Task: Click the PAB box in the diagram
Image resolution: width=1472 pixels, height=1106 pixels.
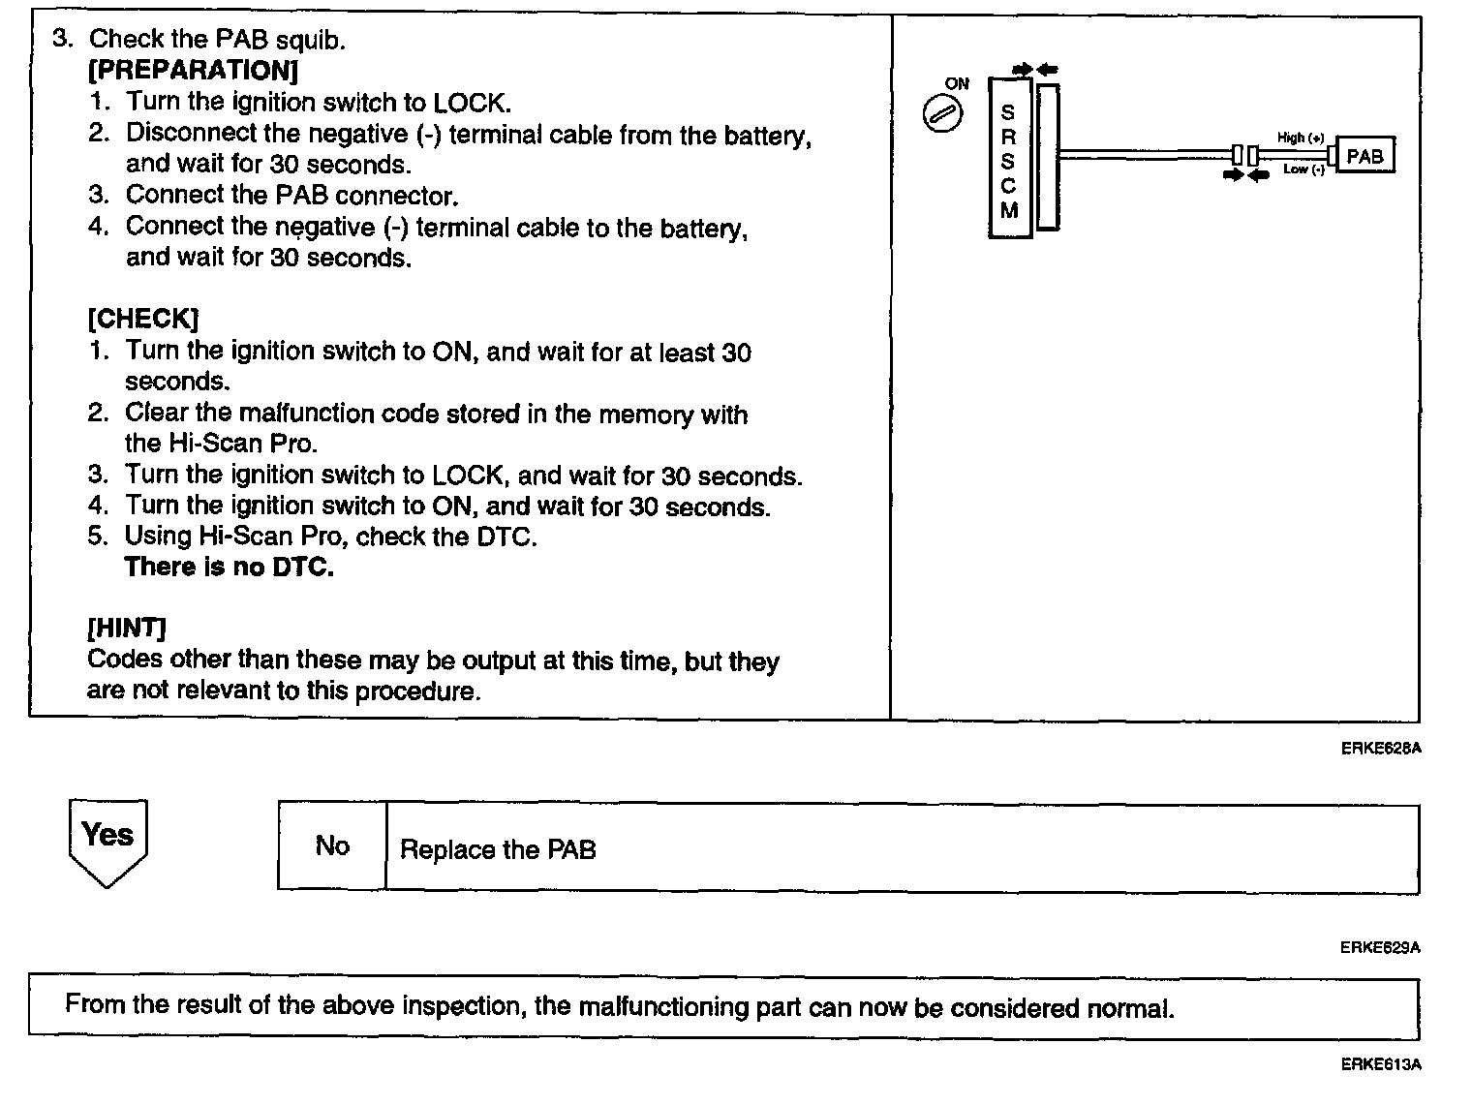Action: pyautogui.click(x=1365, y=155)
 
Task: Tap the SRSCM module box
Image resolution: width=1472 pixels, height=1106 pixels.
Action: pyautogui.click(x=1008, y=159)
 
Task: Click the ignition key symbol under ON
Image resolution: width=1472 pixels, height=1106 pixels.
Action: pyautogui.click(x=941, y=115)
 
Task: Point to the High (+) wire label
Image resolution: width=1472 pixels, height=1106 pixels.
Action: pyautogui.click(x=1300, y=138)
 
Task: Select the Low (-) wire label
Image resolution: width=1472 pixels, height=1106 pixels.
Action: pyautogui.click(x=1303, y=169)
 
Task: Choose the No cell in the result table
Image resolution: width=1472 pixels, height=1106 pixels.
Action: pyautogui.click(x=332, y=846)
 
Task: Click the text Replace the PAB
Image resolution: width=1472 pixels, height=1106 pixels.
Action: pyautogui.click(x=498, y=850)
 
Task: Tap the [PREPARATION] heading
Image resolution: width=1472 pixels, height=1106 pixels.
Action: pyautogui.click(x=193, y=71)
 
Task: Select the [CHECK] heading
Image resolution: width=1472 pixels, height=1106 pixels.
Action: pyautogui.click(x=143, y=319)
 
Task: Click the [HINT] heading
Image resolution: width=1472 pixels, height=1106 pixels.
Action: pyautogui.click(x=127, y=629)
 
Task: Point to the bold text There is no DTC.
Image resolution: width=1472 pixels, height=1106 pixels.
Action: pyautogui.click(x=230, y=568)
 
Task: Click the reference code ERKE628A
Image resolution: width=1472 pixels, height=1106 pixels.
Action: pyautogui.click(x=1380, y=748)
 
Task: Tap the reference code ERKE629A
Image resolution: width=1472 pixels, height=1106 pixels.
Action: pyautogui.click(x=1380, y=947)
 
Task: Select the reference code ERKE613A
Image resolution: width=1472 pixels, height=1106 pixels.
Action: pyautogui.click(x=1380, y=1065)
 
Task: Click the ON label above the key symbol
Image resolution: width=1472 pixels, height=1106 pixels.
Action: pyautogui.click(x=957, y=84)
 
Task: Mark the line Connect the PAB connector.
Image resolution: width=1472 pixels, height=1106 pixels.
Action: pyautogui.click(x=291, y=196)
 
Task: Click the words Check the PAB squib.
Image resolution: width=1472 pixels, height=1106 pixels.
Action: pyautogui.click(x=217, y=40)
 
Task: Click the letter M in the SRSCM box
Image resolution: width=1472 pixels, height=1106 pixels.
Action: pyautogui.click(x=1008, y=210)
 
